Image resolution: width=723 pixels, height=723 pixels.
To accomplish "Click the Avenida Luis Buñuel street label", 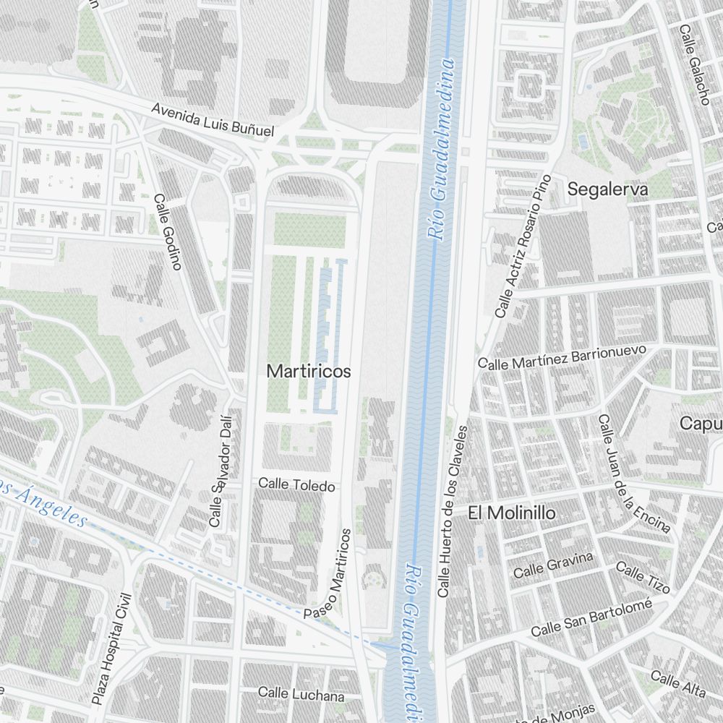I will tap(213, 120).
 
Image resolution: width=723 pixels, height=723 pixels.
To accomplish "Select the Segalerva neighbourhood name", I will tap(608, 189).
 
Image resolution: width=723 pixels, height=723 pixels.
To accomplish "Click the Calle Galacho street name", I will tap(694, 65).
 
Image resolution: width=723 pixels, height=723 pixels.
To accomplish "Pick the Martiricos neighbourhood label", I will tap(309, 372).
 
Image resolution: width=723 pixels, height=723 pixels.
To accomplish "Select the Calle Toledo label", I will tap(296, 484).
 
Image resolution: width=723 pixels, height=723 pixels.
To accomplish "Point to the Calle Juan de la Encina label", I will tap(634, 473).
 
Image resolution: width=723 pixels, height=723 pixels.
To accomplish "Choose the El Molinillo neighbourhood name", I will tap(512, 513).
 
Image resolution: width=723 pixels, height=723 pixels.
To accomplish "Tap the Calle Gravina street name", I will tap(552, 565).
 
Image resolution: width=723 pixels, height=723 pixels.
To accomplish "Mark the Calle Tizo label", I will tap(642, 576).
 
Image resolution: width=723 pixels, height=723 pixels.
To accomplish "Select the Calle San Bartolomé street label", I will tap(591, 619).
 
